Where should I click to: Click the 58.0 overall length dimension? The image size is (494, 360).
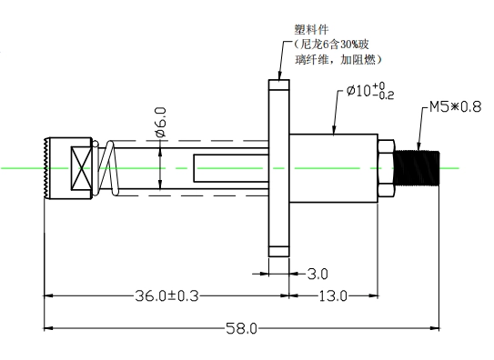(242, 329)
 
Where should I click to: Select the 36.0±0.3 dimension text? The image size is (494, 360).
(167, 295)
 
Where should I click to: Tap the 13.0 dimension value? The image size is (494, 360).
(333, 296)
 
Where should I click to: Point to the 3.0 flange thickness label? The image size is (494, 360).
(318, 275)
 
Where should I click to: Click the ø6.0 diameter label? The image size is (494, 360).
(161, 123)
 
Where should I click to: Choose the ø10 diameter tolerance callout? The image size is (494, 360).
(370, 91)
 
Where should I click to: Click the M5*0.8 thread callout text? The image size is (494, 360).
(456, 107)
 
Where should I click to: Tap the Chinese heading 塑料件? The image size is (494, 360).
(311, 30)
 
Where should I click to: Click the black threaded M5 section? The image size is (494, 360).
(417, 168)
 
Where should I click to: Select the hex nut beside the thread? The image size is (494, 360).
(386, 168)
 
